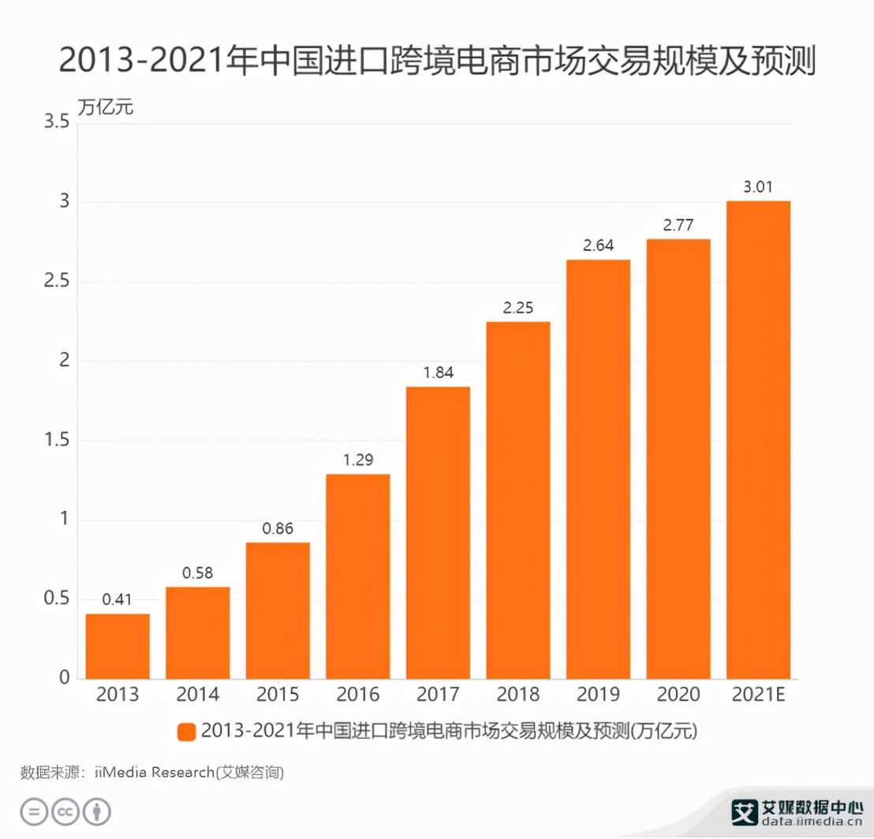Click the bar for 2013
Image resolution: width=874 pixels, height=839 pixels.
click(x=118, y=646)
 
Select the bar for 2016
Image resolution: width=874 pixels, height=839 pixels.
click(x=358, y=576)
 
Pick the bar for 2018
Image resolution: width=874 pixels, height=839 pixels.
click(x=518, y=500)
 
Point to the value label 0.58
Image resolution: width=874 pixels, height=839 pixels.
click(x=197, y=573)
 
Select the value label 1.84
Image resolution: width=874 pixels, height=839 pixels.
click(x=438, y=373)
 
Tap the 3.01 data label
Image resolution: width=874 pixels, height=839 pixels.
click(x=758, y=188)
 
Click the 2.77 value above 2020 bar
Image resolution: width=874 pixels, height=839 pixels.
click(x=678, y=226)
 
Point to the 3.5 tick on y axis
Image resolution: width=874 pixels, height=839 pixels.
click(x=54, y=123)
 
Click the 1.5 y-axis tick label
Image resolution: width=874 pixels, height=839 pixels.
click(x=54, y=441)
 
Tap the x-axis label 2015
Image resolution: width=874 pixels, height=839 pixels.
click(x=278, y=695)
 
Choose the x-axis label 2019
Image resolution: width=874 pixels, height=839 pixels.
click(x=598, y=695)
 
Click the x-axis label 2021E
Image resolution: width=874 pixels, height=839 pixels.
click(x=758, y=695)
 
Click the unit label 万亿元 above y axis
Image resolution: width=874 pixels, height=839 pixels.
click(x=106, y=106)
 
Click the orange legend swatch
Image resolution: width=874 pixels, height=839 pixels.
click(x=186, y=732)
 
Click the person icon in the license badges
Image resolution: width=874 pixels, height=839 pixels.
click(x=97, y=811)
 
